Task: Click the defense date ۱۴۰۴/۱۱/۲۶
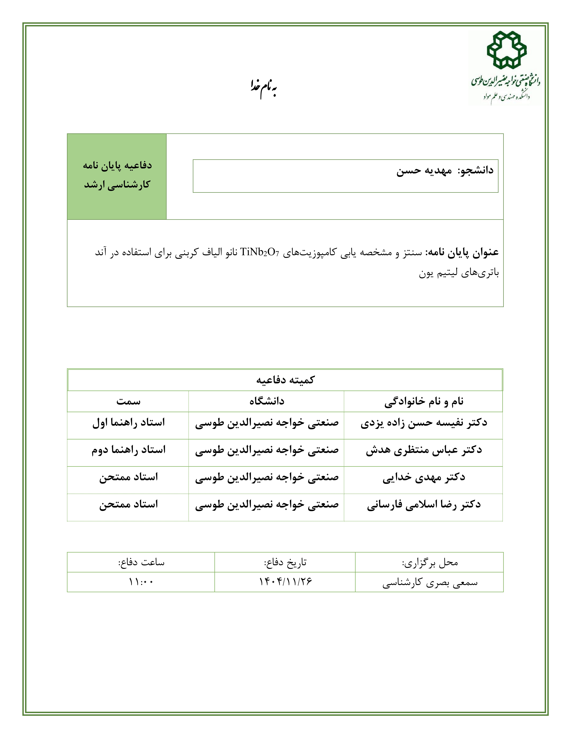(x=285, y=582)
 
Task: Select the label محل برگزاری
(x=430, y=563)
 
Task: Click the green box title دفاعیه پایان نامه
(x=117, y=166)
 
